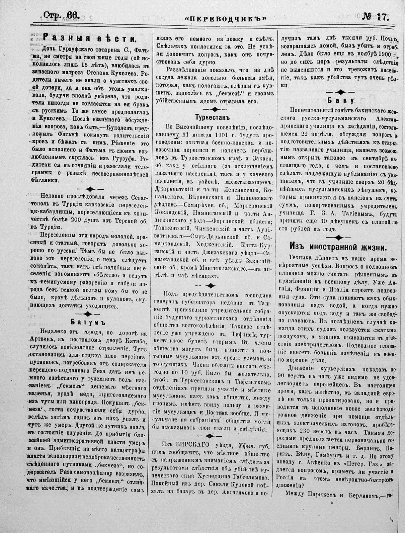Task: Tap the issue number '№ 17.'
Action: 375,15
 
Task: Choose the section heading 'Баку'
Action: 340,100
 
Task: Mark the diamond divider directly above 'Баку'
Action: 340,92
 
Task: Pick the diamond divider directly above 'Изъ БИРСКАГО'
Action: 210,435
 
